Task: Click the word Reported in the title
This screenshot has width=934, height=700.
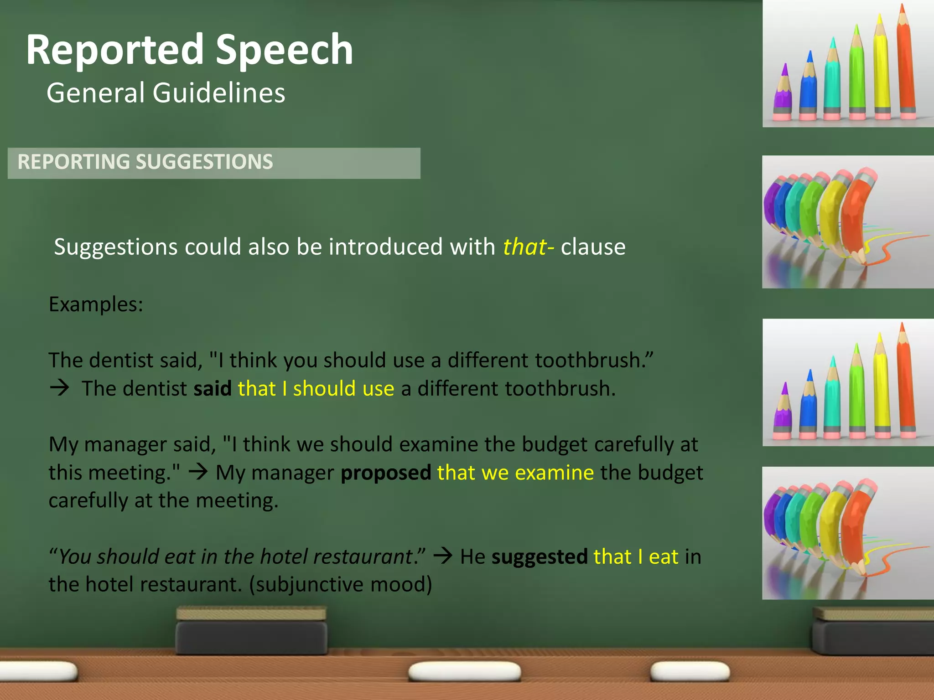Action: coord(114,50)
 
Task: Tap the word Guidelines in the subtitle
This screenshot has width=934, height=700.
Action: coord(219,93)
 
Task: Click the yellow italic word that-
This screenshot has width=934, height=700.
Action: coord(529,247)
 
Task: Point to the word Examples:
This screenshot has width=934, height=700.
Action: coord(96,304)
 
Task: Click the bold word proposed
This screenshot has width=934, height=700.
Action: coord(386,473)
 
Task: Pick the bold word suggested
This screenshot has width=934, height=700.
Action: coord(540,557)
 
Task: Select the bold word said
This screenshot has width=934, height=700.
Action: coord(213,389)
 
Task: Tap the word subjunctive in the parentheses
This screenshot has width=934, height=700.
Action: coord(311,585)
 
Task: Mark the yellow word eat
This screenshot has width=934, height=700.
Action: coord(664,557)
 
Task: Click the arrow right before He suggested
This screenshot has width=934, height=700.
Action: coord(442,556)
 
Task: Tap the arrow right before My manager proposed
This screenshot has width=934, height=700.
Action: coord(198,472)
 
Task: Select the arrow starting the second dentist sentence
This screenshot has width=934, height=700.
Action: coord(59,388)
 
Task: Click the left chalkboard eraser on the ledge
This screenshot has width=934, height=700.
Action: coord(251,631)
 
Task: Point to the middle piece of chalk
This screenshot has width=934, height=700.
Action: coord(464,671)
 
